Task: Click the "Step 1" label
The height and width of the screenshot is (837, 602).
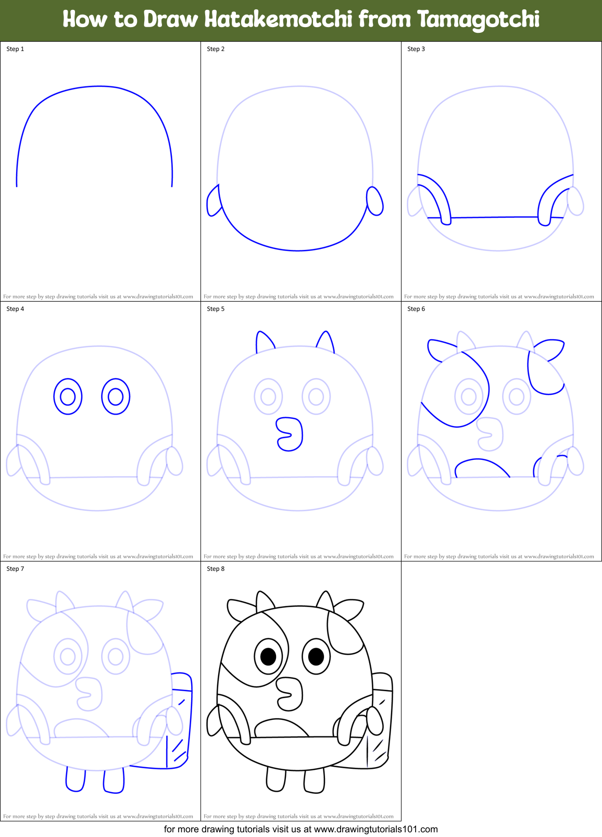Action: point(15,49)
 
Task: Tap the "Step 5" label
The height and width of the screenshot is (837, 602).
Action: point(216,309)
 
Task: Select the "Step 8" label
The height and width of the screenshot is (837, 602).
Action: point(216,569)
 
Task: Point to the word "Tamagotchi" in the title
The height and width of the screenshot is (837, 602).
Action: point(478,20)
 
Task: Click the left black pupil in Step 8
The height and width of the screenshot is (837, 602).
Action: point(268,657)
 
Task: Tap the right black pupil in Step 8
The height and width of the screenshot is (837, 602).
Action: point(316,657)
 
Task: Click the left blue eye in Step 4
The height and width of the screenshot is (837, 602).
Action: point(68,397)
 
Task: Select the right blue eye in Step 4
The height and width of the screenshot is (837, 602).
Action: point(116,397)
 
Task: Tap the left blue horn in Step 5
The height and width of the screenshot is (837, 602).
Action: point(264,342)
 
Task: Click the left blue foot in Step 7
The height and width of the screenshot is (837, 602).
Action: point(76,779)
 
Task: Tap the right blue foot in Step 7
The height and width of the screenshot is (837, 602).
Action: point(114,780)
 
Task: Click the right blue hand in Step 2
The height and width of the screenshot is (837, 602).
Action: point(375,201)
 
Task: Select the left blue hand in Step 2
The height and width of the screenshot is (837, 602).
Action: point(214,201)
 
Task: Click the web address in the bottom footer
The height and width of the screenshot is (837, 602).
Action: point(376,829)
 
